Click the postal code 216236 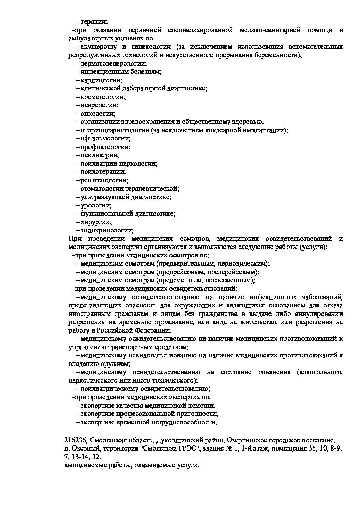[x=75, y=441]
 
